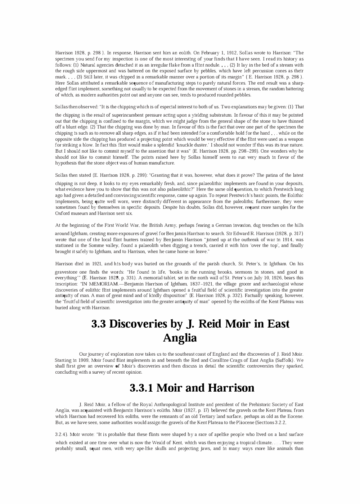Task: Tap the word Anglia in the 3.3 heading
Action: pyautogui.click(x=180, y=338)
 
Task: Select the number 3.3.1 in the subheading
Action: pyautogui.click(x=141, y=388)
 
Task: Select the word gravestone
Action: pyautogui.click(x=67, y=272)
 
